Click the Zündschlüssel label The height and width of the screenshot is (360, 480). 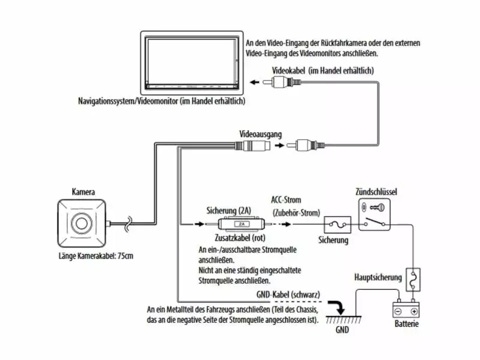point(376,192)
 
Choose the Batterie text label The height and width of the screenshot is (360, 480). point(406,325)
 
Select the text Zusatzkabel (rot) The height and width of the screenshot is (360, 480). point(234,238)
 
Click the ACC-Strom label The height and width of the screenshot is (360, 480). point(287,200)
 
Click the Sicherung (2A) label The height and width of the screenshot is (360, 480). point(229,211)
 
